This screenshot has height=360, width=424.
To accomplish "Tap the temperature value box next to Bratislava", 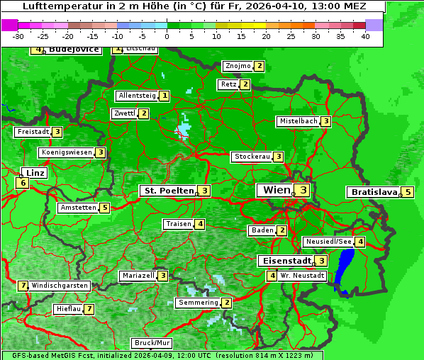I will tap(408, 192).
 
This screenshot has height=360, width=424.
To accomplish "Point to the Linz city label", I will tap(34, 173).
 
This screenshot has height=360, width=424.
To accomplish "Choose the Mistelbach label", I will tap(299, 121).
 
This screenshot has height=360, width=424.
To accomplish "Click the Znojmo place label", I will tap(237, 66).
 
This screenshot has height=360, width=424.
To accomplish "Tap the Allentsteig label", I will tap(137, 96).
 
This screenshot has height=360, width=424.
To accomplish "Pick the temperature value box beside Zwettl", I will tap(143, 113).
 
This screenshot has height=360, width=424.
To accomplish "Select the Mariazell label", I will tap(138, 276).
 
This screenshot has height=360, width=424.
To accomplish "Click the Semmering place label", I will tap(199, 303).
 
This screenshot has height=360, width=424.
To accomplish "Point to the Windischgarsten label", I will tap(60, 286).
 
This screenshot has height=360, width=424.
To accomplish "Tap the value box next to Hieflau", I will tap(89, 310).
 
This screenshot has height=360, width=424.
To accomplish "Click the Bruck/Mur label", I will tap(152, 342).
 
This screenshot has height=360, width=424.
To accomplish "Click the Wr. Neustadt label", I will tap(302, 276).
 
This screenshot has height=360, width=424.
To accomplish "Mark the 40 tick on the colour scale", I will tap(364, 35).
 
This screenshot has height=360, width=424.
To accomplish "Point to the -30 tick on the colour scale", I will tap(19, 35).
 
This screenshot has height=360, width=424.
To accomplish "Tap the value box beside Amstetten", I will tap(104, 208).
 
